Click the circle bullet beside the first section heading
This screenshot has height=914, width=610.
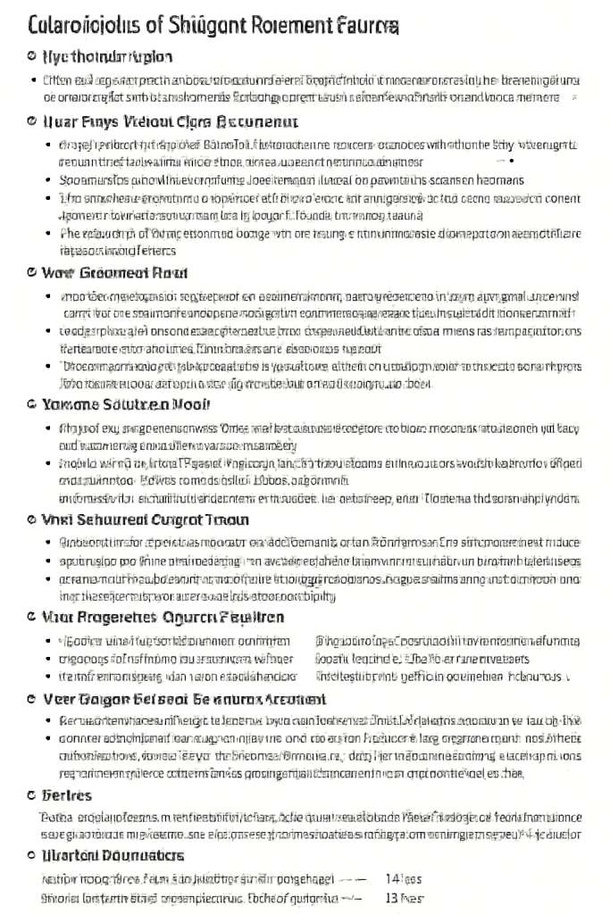click(x=33, y=58)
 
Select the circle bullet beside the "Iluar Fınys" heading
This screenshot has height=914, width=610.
click(x=33, y=120)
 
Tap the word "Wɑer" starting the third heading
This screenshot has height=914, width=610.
click(x=59, y=272)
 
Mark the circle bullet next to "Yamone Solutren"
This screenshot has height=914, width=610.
click(x=33, y=403)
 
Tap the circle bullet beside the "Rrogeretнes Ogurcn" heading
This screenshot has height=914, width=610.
click(x=33, y=617)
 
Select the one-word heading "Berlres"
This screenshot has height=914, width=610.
click(x=68, y=795)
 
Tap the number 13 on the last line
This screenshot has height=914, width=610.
click(x=391, y=898)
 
